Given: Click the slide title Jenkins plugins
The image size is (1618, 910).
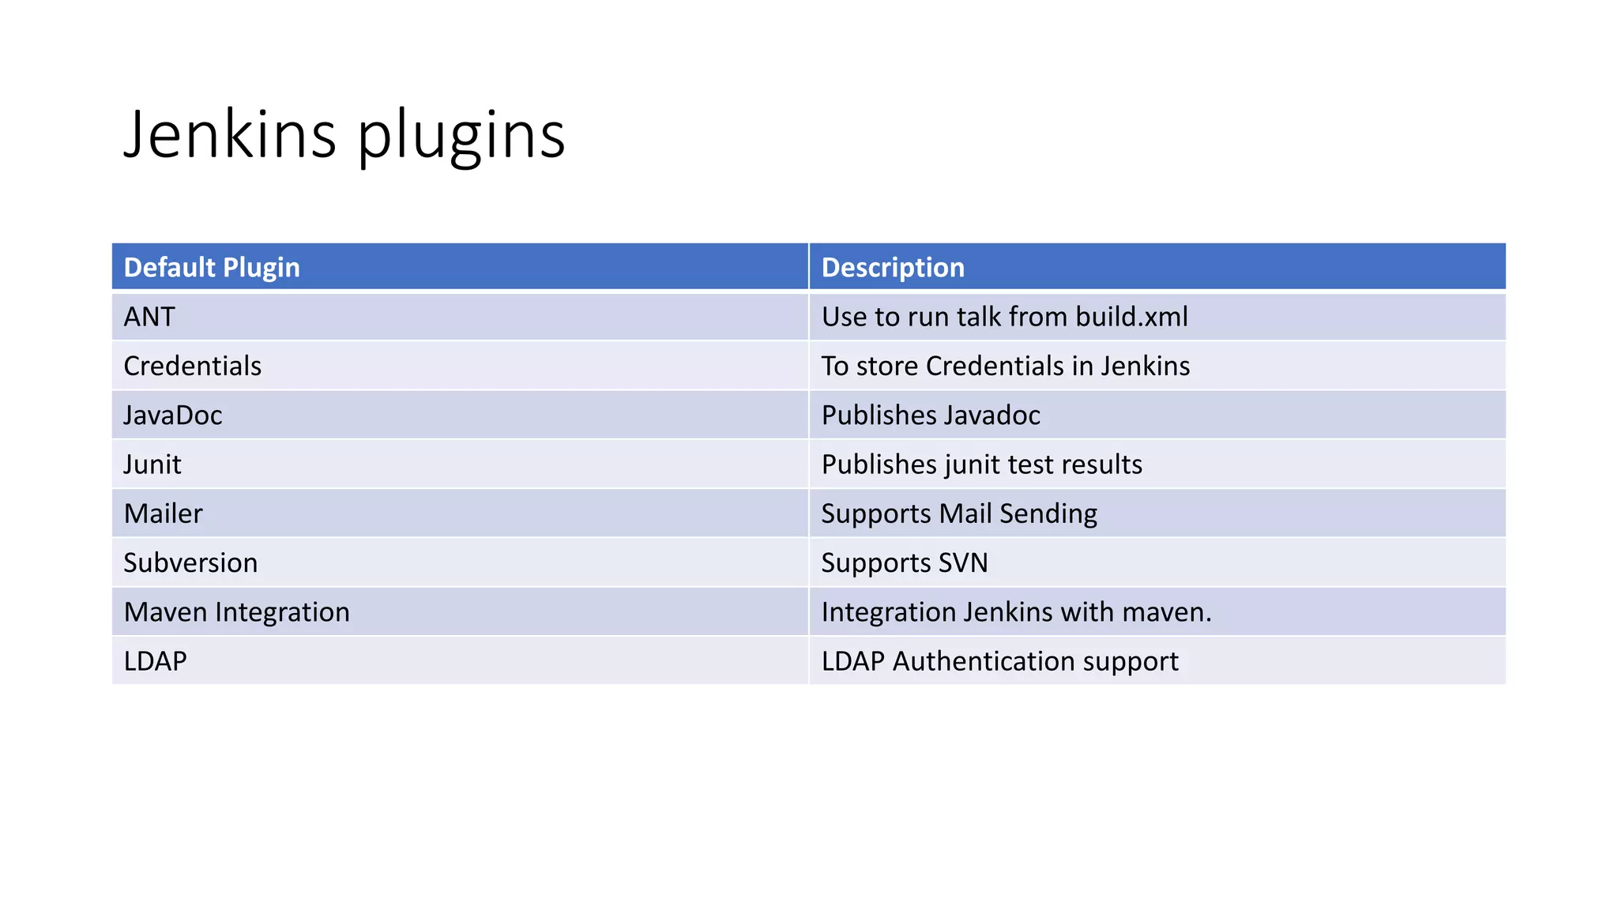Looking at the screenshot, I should [344, 134].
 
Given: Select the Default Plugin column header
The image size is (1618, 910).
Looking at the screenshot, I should [212, 268].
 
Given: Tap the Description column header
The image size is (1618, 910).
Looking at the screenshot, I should [893, 268].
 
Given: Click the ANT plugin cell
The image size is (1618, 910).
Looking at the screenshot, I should [149, 317].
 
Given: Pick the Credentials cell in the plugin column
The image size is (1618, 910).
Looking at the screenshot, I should [193, 366].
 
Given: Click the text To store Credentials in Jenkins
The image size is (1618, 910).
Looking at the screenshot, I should [1005, 366].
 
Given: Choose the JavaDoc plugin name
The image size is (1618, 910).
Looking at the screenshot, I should [173, 416].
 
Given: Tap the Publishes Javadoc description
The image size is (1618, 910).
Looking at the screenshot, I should [931, 416].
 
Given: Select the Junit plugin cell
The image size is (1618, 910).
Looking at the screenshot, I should [152, 464].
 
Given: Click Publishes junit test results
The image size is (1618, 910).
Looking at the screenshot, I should [981, 464].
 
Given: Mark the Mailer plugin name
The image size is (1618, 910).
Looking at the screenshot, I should [164, 513].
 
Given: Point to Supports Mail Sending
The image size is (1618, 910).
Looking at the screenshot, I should [959, 513].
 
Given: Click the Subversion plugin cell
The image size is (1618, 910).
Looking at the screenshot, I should [190, 562].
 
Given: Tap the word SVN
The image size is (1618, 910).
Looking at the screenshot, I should [963, 562].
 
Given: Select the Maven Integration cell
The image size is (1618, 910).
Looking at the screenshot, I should [236, 612].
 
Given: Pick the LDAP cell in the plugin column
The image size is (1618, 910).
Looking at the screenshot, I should [156, 661].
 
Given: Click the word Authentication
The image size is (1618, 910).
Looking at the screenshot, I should [984, 661].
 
